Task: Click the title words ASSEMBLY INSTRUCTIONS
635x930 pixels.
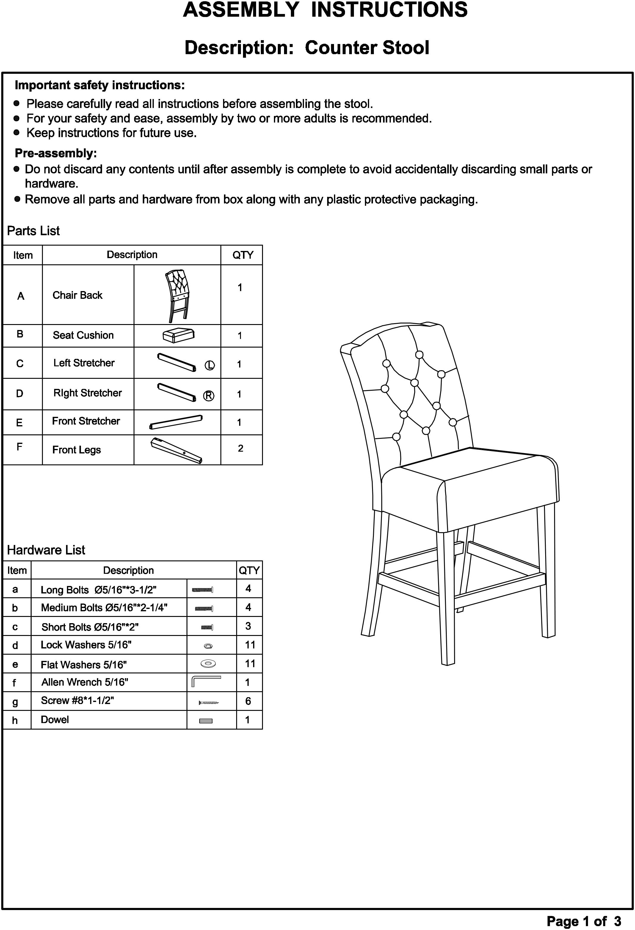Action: tap(325, 10)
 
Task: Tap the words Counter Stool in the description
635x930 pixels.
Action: tap(367, 48)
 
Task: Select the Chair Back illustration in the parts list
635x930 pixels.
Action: tap(177, 295)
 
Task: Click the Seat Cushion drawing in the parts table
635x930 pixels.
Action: tap(178, 335)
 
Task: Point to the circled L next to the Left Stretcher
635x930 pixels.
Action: tap(210, 365)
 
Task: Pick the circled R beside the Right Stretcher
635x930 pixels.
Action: tap(208, 396)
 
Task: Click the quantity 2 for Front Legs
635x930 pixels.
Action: tap(241, 448)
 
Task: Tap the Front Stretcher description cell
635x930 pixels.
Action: tap(86, 421)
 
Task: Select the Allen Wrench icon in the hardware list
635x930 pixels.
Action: tap(206, 681)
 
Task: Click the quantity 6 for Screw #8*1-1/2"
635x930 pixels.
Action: tap(248, 701)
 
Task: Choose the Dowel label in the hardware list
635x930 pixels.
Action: tap(55, 720)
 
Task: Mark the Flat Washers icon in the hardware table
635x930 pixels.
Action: tap(208, 664)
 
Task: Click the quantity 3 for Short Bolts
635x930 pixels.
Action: tap(248, 626)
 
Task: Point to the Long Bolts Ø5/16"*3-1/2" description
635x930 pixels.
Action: tap(98, 590)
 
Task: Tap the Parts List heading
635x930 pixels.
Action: tap(33, 231)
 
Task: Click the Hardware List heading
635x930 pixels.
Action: tap(46, 550)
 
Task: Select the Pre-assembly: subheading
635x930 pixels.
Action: tap(56, 153)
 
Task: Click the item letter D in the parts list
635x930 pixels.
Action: tap(20, 394)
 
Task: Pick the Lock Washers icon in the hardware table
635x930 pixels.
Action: tap(208, 646)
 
